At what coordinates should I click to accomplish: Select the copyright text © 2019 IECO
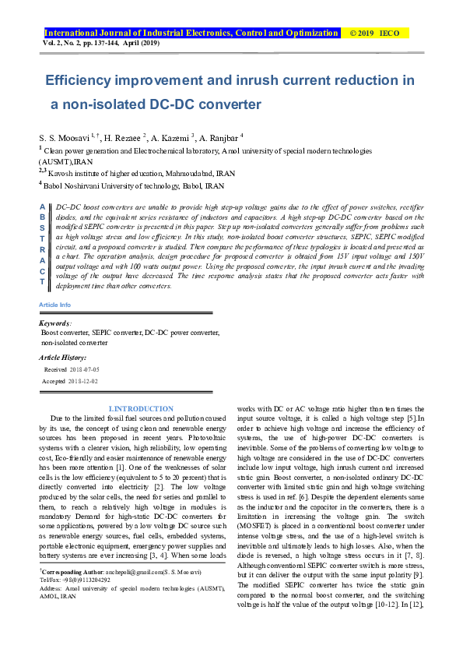coord(383,34)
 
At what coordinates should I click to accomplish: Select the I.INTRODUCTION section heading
coord(141,409)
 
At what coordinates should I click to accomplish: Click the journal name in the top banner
coord(191,34)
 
